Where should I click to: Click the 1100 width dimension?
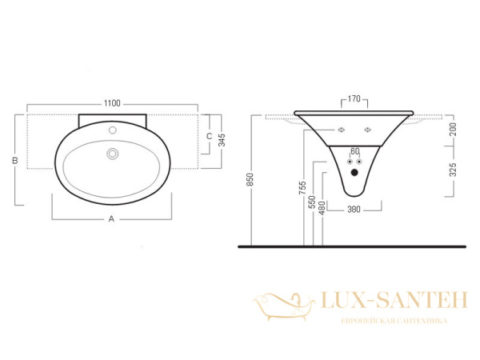(x=112, y=103)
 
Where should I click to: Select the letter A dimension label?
(x=111, y=219)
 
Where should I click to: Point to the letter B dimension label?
(x=15, y=160)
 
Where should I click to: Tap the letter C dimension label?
(x=210, y=136)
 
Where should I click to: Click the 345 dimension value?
(x=222, y=140)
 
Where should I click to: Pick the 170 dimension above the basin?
(x=354, y=99)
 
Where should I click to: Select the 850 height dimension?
(x=250, y=179)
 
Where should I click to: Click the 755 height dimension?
(x=302, y=188)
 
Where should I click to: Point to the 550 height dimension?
(x=312, y=202)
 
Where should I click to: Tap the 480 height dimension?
(x=322, y=208)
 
